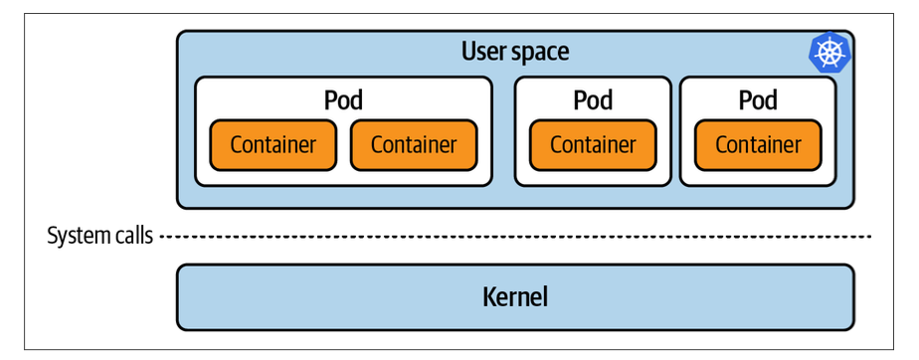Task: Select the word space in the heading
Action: (540, 54)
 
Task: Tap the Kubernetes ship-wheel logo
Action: (829, 52)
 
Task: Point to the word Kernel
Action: (515, 296)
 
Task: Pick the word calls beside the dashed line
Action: (132, 236)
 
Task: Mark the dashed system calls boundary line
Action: (516, 237)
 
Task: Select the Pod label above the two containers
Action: (343, 100)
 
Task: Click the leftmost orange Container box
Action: (274, 145)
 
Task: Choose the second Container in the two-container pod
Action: (414, 145)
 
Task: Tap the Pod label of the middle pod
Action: (593, 100)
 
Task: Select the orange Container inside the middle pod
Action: (593, 145)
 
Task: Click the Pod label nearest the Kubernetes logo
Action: (758, 100)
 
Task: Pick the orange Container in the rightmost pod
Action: (758, 145)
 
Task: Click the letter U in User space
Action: (468, 52)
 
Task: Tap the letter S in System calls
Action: (53, 236)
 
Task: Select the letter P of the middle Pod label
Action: (580, 100)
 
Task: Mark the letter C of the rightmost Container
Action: (721, 145)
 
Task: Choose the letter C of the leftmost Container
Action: (236, 145)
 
